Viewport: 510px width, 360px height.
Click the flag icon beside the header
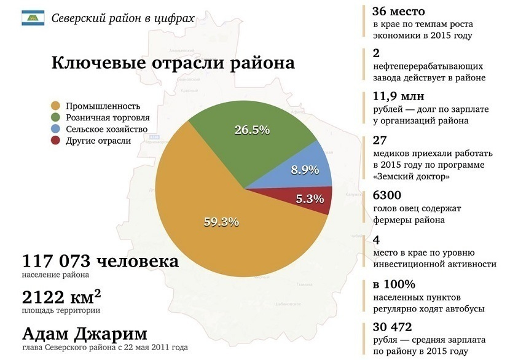click(x=33, y=18)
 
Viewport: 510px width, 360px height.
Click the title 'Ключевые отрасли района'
click(x=173, y=63)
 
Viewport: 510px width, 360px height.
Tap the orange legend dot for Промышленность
click(x=57, y=106)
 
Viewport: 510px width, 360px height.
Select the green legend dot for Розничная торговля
click(x=57, y=117)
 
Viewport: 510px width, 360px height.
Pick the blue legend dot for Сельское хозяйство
click(x=57, y=129)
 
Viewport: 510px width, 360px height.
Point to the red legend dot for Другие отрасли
click(x=57, y=141)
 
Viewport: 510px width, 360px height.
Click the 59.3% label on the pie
click(x=221, y=222)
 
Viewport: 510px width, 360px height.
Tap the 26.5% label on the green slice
click(x=253, y=130)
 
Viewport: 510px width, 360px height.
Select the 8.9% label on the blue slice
click(x=305, y=169)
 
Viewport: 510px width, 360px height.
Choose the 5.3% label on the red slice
click(x=309, y=198)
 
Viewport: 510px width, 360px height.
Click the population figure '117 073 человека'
click(x=100, y=262)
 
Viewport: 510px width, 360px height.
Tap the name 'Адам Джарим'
click(x=85, y=334)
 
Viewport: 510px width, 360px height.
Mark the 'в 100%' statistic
click(x=394, y=284)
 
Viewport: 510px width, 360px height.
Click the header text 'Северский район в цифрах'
click(x=123, y=18)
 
